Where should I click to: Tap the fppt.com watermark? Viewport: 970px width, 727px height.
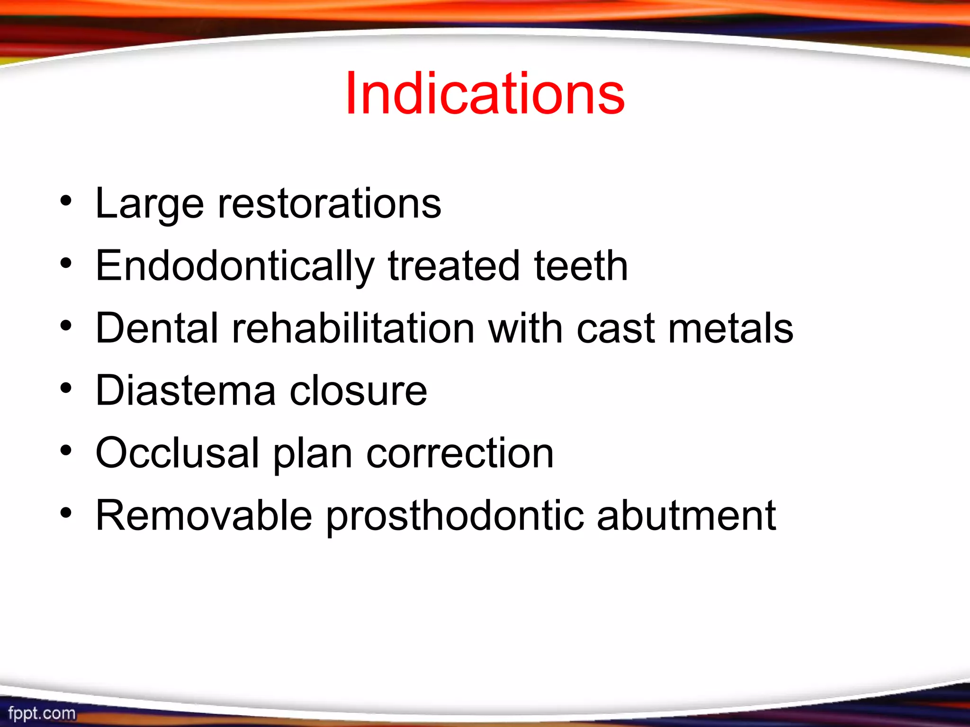pos(42,713)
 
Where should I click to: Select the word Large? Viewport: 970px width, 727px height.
pos(150,204)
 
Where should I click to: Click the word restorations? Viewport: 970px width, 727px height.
pos(329,204)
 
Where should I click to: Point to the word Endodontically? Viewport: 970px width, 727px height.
pos(235,266)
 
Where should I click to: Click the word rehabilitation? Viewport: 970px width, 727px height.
pos(353,328)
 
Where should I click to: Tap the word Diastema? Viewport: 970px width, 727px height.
pos(185,391)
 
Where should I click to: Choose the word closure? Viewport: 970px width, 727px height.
pos(358,391)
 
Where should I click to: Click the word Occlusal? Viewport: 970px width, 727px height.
pos(178,453)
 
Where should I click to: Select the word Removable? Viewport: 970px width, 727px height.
pos(204,516)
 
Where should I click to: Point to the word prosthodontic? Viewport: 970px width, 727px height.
pos(455,516)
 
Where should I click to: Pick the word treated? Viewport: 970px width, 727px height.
pos(454,266)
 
